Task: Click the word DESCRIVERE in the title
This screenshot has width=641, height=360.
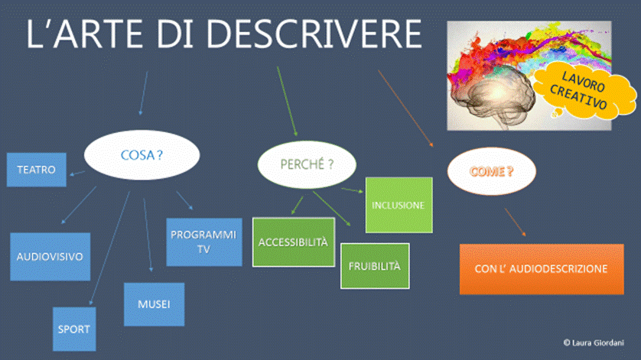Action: [314, 34]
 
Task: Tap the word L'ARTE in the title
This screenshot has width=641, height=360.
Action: [85, 34]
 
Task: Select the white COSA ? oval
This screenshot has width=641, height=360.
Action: [142, 155]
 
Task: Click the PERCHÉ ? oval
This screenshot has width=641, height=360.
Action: [307, 164]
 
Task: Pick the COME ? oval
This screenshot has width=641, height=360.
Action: [491, 171]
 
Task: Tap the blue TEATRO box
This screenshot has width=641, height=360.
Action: [37, 170]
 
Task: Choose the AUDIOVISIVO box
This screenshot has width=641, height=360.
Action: [50, 257]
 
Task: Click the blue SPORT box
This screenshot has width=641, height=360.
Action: [74, 329]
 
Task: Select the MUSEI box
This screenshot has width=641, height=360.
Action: [154, 304]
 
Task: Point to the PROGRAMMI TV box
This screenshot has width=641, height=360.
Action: [204, 242]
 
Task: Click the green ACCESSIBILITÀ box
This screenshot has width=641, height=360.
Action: [294, 242]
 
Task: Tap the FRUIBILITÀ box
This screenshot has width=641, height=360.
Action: [375, 266]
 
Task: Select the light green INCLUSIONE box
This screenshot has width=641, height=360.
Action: [399, 205]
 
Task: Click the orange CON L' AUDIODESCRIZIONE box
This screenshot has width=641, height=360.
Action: [542, 269]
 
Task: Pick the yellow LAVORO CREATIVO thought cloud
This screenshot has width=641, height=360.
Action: [583, 91]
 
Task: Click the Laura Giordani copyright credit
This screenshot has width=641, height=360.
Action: [594, 343]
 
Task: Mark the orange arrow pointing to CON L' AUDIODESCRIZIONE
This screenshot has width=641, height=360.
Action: [515, 222]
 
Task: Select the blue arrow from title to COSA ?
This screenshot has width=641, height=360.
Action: [144, 93]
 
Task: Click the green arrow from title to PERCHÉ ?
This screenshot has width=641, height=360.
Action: [287, 101]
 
